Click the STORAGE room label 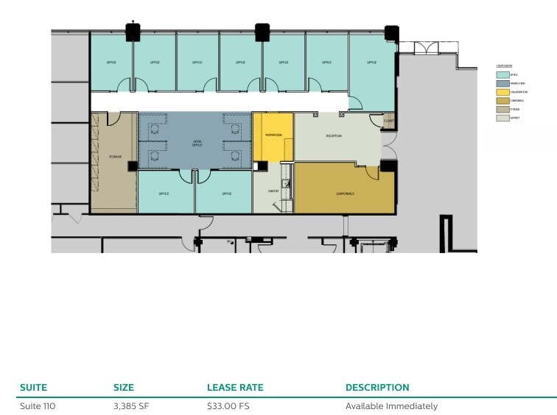coord(114,157)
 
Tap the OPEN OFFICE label coord(197,143)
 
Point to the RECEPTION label coord(334,136)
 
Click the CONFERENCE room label coord(345,194)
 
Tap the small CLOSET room coord(389,121)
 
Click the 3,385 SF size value coord(131,406)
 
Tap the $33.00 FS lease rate coord(228,406)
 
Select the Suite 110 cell coord(38,406)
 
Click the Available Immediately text coord(391,406)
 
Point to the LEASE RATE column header coord(235,387)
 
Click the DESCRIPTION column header coord(377,387)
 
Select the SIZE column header coord(124,387)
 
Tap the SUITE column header coord(34,387)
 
